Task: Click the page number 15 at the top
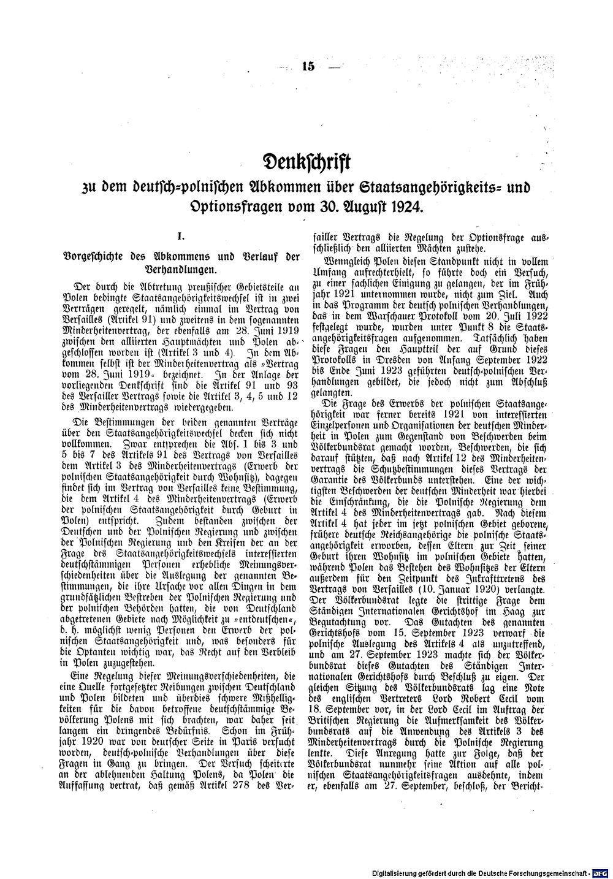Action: pos(308,67)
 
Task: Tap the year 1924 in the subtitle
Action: pos(406,205)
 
